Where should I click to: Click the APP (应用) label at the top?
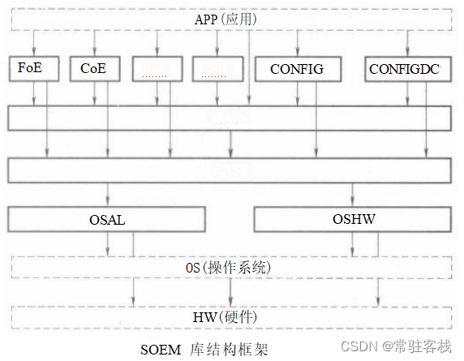tap(230, 18)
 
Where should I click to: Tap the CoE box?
tap(94, 69)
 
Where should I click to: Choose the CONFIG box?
tap(297, 69)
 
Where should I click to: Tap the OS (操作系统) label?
tap(230, 267)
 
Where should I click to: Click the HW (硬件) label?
tap(230, 316)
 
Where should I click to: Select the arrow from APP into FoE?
tap(34, 42)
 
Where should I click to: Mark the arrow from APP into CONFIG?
tap(298, 42)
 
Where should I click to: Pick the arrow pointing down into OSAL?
tap(109, 195)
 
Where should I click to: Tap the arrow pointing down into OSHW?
tap(352, 195)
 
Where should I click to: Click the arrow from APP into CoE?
tap(93, 42)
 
